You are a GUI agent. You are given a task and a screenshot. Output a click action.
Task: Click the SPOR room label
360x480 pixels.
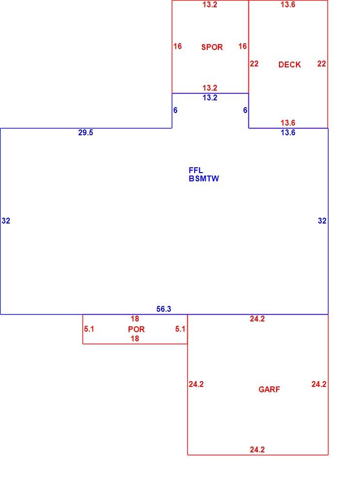(212, 47)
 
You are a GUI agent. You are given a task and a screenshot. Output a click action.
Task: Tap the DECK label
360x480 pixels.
(290, 64)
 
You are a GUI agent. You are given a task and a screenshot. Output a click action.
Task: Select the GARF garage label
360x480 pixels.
(269, 389)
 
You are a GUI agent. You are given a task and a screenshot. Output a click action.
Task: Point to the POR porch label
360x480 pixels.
(136, 329)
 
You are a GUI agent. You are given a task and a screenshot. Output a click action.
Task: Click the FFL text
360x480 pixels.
(196, 170)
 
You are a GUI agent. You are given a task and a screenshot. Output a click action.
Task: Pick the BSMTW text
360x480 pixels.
(204, 178)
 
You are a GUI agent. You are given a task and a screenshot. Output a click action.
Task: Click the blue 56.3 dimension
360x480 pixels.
(164, 309)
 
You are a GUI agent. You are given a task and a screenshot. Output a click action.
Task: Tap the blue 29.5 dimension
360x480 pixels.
(85, 132)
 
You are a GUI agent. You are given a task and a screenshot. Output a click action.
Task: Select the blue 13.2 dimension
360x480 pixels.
(210, 97)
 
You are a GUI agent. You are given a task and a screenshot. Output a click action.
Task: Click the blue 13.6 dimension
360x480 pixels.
(288, 132)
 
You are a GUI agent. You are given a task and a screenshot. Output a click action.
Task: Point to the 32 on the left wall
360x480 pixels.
(6, 221)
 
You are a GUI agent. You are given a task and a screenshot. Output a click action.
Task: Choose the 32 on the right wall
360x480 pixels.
(322, 221)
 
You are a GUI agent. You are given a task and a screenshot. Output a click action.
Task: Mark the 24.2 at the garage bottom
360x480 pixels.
(257, 449)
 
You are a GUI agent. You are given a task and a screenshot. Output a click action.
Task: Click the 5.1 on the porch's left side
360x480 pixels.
(89, 329)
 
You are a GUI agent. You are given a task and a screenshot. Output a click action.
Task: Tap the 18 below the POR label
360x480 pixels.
(135, 338)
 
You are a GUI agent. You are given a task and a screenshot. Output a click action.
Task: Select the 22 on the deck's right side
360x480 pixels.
(321, 64)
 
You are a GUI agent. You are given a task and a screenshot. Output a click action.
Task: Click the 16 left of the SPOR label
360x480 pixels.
(178, 46)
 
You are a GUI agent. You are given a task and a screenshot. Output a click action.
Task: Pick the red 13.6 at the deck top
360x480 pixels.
(288, 4)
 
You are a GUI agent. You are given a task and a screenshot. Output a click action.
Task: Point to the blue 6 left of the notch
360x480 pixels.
(175, 110)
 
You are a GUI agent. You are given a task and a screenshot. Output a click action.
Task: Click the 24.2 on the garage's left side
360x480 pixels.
(196, 384)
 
